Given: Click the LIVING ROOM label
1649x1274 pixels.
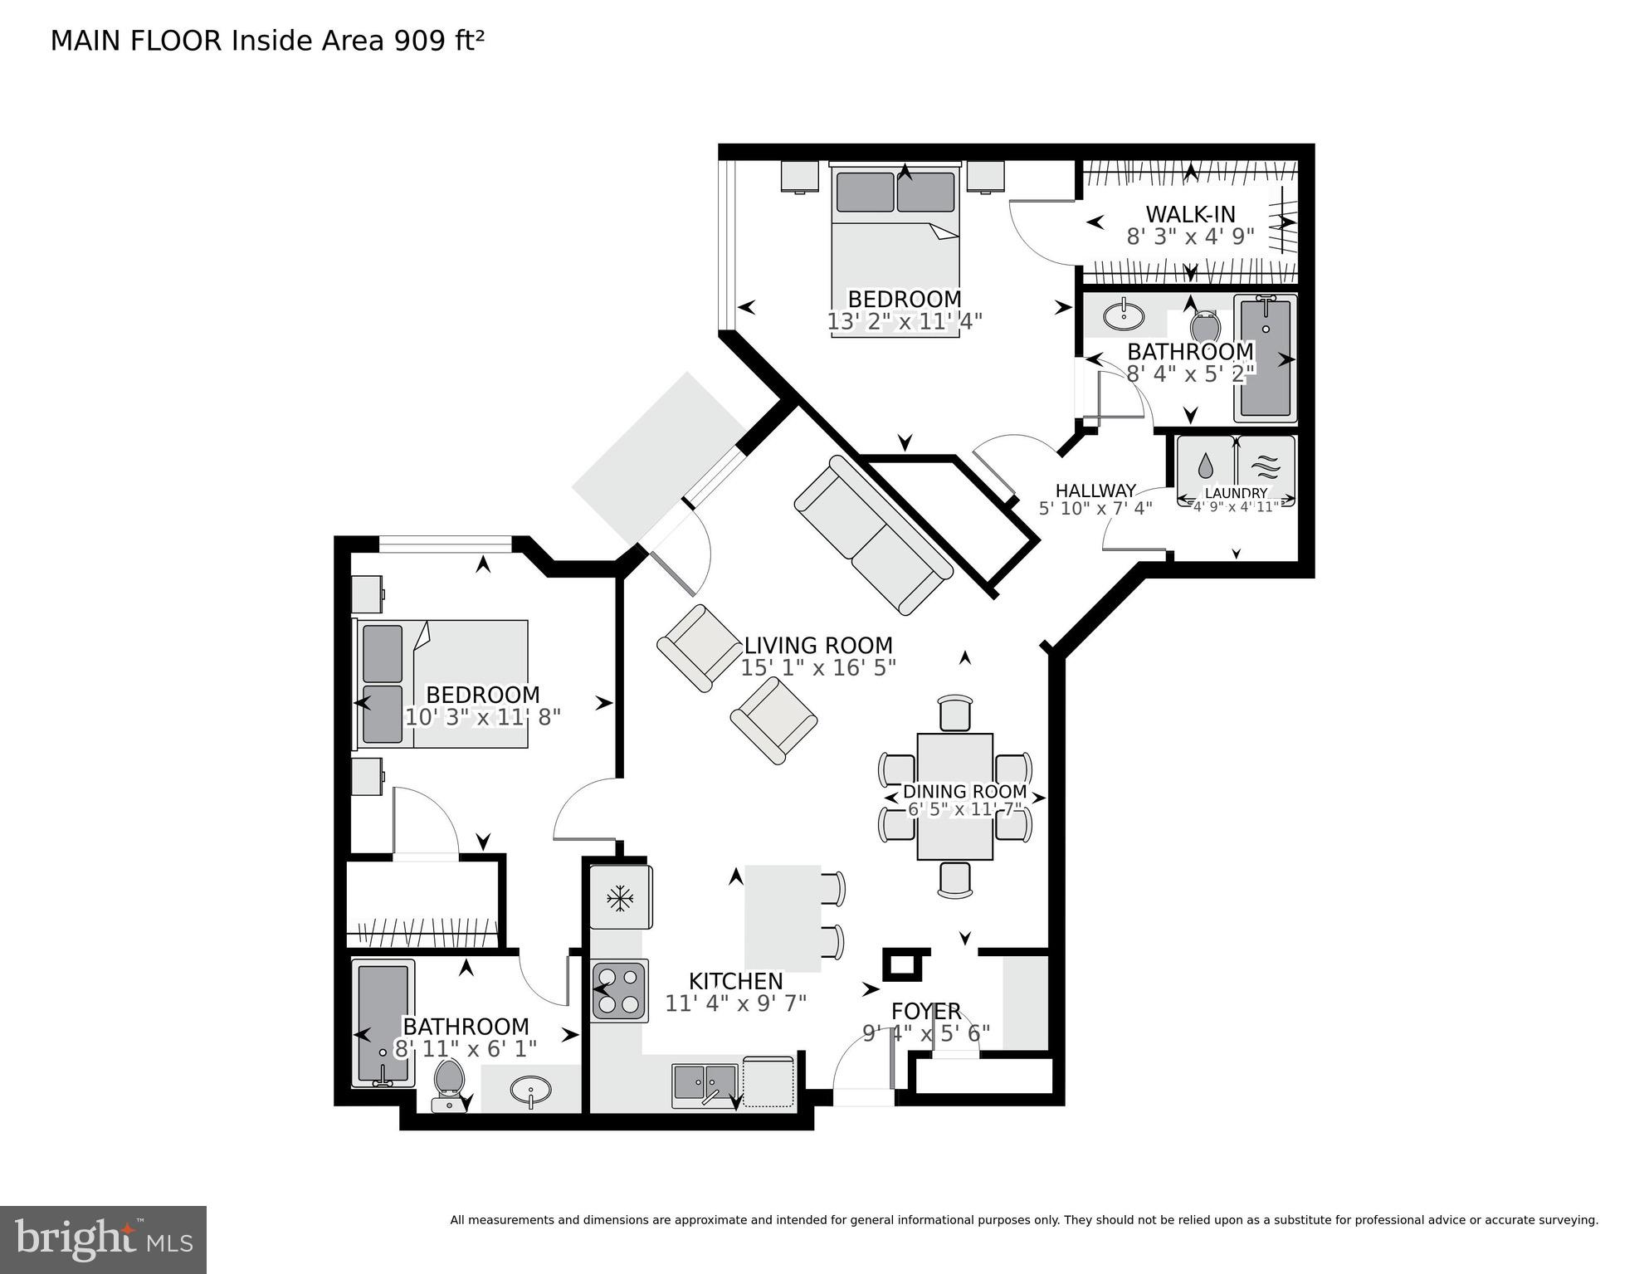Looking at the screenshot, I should tap(817, 646).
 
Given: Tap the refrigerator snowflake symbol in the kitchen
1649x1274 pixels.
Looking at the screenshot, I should tap(620, 897).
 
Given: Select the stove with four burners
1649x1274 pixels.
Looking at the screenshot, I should tap(620, 991).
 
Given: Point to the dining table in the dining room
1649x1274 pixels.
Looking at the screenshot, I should tap(954, 797).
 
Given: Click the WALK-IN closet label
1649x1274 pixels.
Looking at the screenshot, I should tap(1190, 214).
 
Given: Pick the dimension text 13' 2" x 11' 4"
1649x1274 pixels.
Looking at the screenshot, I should tap(905, 322).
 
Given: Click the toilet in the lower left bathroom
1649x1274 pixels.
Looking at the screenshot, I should tap(449, 1081).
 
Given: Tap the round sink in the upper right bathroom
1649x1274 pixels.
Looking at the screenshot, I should tap(1124, 315).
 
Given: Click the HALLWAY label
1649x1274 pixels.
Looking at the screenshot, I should tap(1095, 491).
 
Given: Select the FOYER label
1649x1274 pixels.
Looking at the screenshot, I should tap(926, 1012).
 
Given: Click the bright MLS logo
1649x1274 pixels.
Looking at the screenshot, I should tap(103, 1240).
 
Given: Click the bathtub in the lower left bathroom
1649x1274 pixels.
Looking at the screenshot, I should tap(383, 1023).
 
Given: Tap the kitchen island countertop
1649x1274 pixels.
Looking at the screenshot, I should tap(782, 918).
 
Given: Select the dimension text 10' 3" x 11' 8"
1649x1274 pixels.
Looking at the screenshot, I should tap(483, 717).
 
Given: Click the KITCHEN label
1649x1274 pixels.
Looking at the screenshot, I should tap(735, 982).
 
